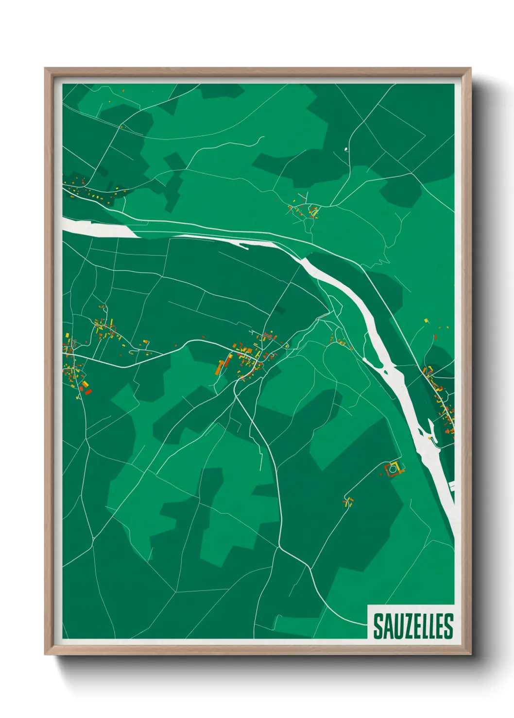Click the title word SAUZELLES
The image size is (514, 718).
click(413, 626)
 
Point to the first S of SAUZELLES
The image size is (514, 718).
click(377, 626)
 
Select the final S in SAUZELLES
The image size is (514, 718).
click(448, 626)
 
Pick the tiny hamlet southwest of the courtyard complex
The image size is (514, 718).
click(348, 502)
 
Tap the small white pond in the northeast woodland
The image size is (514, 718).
click(346, 149)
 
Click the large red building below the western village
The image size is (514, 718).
click(88, 391)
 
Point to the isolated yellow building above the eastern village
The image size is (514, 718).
click(427, 321)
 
